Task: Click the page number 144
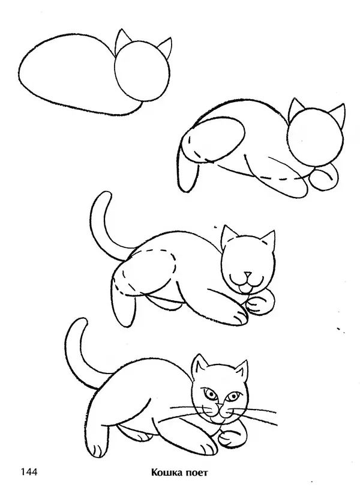29,472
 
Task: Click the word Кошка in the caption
167,473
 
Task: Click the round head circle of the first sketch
115,71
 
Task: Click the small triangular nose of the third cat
247,275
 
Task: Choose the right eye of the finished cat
233,396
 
